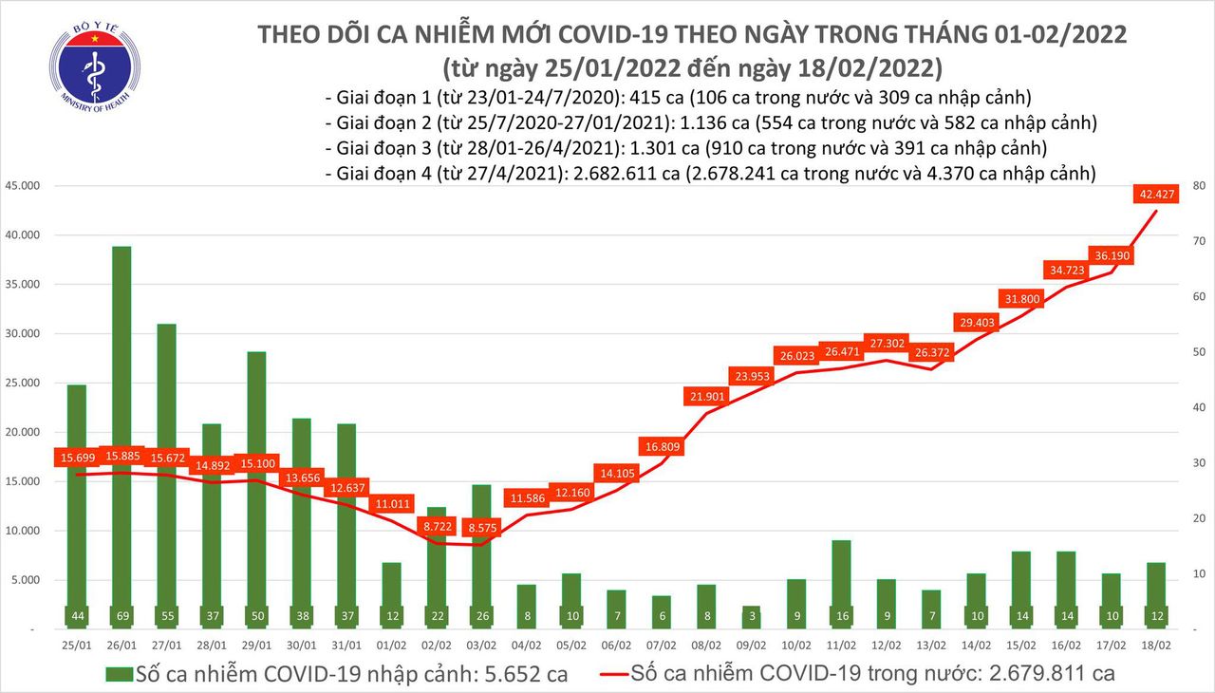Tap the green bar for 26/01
pos(121,427)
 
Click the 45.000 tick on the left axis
pos(20,185)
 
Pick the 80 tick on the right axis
pos(1199,185)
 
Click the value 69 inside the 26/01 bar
pos(121,616)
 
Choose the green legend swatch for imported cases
pos(118,674)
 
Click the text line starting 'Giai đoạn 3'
pos(685,148)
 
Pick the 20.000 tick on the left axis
pos(20,432)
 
